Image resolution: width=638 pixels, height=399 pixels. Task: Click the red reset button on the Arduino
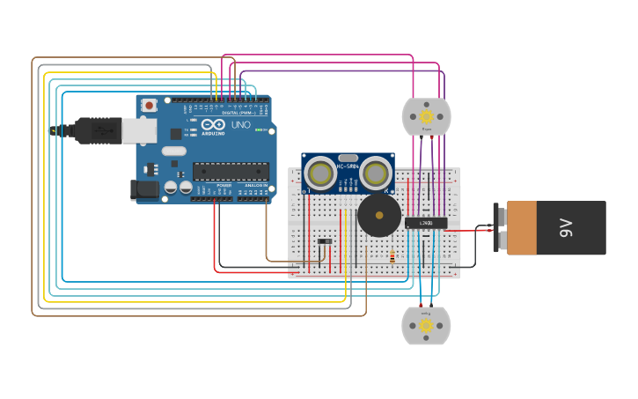[x=150, y=105]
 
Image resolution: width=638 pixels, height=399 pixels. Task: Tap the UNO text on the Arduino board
[x=240, y=125]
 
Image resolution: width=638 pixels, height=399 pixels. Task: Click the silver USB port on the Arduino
[x=139, y=131]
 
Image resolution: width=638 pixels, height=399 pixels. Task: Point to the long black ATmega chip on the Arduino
[x=230, y=171]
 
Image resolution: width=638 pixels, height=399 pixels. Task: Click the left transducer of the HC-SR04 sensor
[x=320, y=174]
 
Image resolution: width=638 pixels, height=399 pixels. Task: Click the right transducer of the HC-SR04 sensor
[x=376, y=174]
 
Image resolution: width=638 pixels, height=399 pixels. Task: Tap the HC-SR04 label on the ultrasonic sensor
[x=348, y=166]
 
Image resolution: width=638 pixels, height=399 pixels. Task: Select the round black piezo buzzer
[x=379, y=216]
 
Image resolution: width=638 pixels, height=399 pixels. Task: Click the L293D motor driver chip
[x=426, y=222]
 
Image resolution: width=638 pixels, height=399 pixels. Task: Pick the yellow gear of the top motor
[x=427, y=116]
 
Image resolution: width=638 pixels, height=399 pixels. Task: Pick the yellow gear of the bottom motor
[x=426, y=326]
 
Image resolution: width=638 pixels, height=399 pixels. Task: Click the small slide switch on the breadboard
[x=325, y=240]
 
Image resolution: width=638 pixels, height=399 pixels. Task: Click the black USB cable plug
[x=98, y=130]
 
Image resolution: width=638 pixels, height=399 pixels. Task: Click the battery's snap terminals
[x=502, y=228]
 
